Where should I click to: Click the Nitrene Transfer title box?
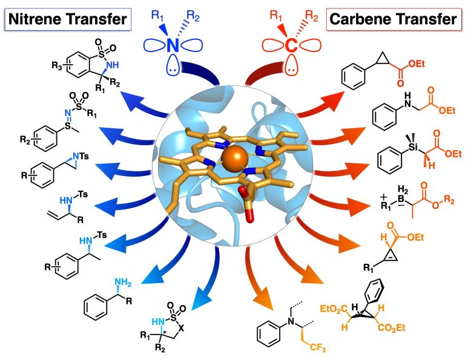(x=68, y=19)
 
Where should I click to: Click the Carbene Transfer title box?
(x=393, y=19)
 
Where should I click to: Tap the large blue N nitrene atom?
(x=173, y=45)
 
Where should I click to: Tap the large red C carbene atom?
(x=291, y=45)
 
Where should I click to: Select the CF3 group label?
(x=318, y=347)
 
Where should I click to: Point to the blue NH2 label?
(x=123, y=283)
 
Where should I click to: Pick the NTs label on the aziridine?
(x=81, y=156)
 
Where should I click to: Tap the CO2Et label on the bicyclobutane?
(x=392, y=328)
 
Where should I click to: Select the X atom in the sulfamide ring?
(x=182, y=328)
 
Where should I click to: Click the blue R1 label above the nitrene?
(x=157, y=15)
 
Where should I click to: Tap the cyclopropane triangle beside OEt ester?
(x=383, y=59)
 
